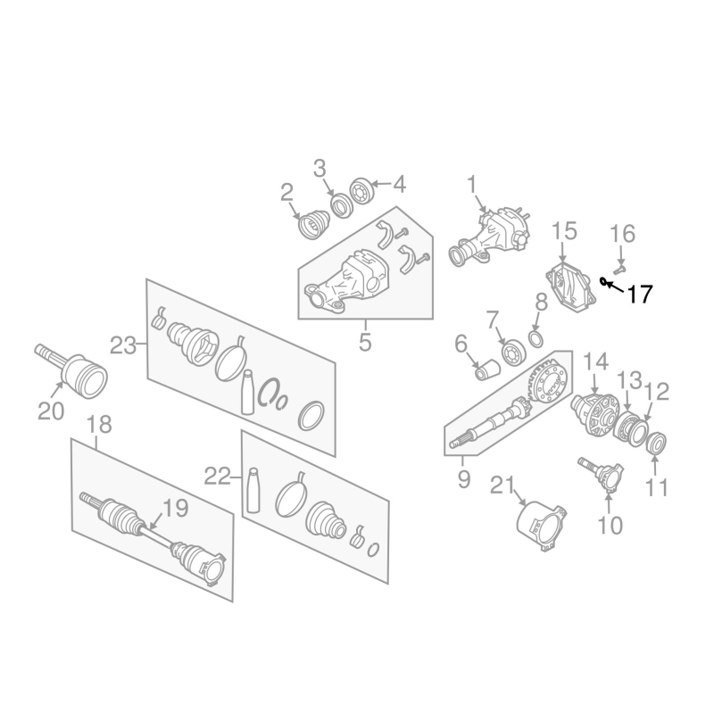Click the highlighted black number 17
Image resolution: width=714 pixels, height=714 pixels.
tap(640, 295)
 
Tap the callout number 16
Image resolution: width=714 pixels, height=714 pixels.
tap(622, 234)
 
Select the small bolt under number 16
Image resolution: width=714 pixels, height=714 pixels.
tap(619, 269)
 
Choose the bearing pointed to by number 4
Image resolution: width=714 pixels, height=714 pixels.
tap(362, 191)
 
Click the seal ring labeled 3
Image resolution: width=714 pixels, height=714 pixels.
tap(340, 205)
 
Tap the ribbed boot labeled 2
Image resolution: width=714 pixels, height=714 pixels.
tap(313, 224)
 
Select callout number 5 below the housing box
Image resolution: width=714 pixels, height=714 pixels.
tap(365, 342)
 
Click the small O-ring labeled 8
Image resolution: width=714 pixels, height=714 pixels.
tap(536, 339)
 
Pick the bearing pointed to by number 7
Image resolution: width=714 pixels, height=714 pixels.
tap(514, 353)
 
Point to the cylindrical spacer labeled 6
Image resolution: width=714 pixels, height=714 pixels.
tap(487, 369)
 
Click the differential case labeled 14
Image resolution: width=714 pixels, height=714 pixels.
tap(595, 414)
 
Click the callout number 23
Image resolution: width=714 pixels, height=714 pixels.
tap(123, 346)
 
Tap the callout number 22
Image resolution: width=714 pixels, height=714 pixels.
tap(217, 477)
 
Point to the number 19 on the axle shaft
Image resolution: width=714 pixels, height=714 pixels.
tap(175, 508)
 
